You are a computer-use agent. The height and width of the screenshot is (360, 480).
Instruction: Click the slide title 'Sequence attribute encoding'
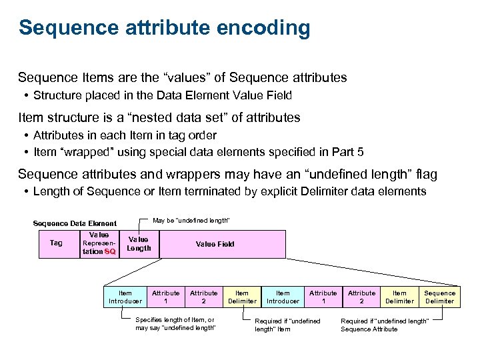tap(164, 28)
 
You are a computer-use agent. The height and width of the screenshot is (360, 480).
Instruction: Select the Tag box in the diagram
tap(56, 243)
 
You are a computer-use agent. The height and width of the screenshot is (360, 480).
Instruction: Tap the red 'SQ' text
tap(110, 252)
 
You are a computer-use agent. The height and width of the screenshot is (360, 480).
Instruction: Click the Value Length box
tap(139, 244)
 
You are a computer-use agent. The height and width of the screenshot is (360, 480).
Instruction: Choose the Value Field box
tap(215, 244)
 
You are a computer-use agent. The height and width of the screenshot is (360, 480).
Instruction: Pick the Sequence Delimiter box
tap(440, 297)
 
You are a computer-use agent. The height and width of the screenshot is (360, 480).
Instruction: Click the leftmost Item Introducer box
tap(125, 297)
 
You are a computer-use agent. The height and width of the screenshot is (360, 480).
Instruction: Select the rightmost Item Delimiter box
tap(399, 297)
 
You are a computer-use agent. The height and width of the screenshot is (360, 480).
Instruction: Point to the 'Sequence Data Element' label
tap(75, 223)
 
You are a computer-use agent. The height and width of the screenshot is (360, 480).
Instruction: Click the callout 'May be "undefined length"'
tap(191, 221)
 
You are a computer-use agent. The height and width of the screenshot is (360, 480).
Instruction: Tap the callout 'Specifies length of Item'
tap(175, 324)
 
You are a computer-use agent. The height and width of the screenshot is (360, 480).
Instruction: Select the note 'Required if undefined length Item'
tap(287, 325)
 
